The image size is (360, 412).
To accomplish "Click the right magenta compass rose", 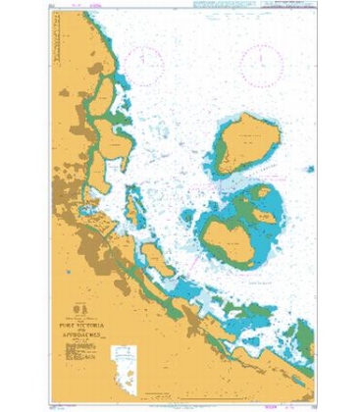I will [x=262, y=63].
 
